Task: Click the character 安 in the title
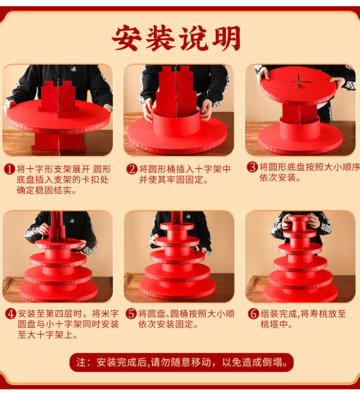127,38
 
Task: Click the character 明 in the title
226,38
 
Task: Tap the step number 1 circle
10,169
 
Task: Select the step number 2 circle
132,169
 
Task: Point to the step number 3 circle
252,167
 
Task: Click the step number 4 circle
11,314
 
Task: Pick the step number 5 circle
131,314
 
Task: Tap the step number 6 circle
254,314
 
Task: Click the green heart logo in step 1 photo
73,68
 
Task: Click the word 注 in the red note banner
81,363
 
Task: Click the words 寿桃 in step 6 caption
319,314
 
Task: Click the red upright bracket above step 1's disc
58,97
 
